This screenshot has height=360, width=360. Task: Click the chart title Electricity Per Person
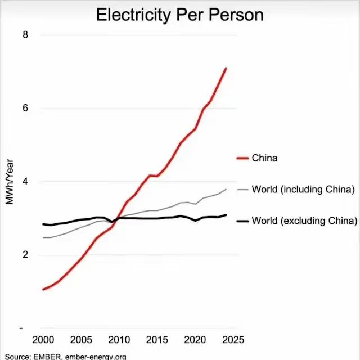pyautogui.click(x=179, y=14)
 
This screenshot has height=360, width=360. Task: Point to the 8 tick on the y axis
pyautogui.click(x=25, y=35)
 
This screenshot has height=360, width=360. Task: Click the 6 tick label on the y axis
pyautogui.click(x=25, y=108)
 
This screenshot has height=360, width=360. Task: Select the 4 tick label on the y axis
pyautogui.click(x=25, y=182)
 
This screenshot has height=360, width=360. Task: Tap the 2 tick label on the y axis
pyautogui.click(x=25, y=255)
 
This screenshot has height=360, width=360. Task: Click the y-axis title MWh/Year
pyautogui.click(x=9, y=182)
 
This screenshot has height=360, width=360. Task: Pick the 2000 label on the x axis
pyautogui.click(x=43, y=340)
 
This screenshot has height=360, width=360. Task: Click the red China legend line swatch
pyautogui.click(x=242, y=158)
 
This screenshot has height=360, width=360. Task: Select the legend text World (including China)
pyautogui.click(x=303, y=190)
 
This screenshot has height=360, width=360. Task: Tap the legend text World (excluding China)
pyautogui.click(x=304, y=220)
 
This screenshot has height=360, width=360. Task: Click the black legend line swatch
pyautogui.click(x=242, y=220)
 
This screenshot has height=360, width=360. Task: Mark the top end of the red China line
pyautogui.click(x=226, y=68)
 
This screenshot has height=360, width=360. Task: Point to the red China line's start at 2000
pyautogui.click(x=43, y=289)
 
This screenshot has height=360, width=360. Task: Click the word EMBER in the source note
pyautogui.click(x=48, y=356)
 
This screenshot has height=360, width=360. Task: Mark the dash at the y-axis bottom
pyautogui.click(x=21, y=328)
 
